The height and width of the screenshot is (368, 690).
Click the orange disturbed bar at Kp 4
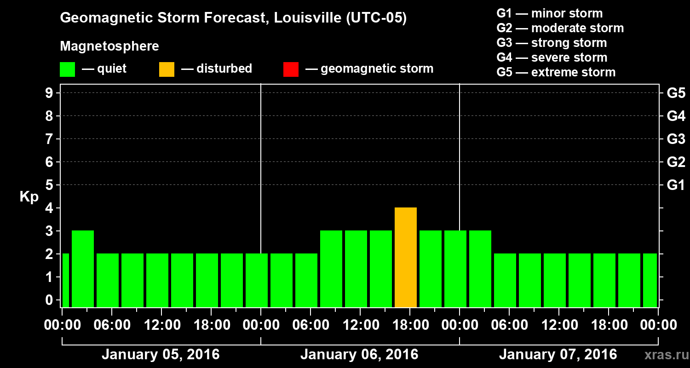pyautogui.click(x=406, y=257)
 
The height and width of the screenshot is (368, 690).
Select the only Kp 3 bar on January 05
pyautogui.click(x=83, y=269)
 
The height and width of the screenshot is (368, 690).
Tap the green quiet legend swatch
pyautogui.click(x=67, y=69)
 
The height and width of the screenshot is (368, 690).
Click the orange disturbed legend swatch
pyautogui.click(x=167, y=69)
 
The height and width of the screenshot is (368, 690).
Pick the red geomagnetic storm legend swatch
pyautogui.click(x=291, y=69)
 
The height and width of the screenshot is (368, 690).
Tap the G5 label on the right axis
pyautogui.click(x=676, y=93)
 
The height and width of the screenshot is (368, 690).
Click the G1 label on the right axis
pyautogui.click(x=676, y=185)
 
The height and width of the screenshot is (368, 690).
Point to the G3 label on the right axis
pyautogui.click(x=676, y=139)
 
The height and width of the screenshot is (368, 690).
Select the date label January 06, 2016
pyautogui.click(x=359, y=355)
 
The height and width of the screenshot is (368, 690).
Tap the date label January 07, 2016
pyautogui.click(x=558, y=355)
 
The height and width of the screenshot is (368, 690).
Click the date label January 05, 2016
pyautogui.click(x=161, y=355)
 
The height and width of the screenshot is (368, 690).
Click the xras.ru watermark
pyautogui.click(x=663, y=355)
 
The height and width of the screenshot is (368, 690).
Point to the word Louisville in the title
pyautogui.click(x=307, y=18)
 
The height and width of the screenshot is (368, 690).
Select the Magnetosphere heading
pyautogui.click(x=109, y=46)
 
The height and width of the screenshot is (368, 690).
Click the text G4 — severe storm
pyautogui.click(x=552, y=57)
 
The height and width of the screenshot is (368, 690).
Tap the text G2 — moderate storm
pyautogui.click(x=560, y=28)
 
